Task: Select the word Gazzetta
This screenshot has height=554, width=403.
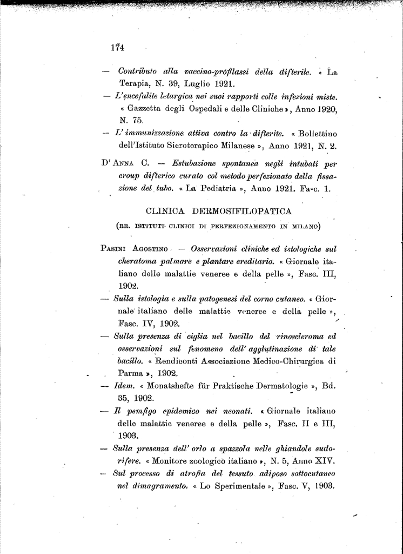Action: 146,110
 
